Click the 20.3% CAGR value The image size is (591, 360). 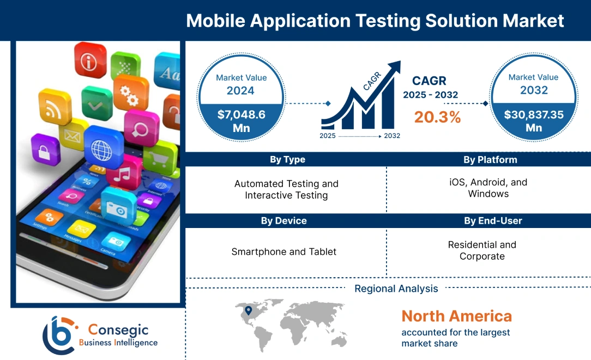coord(437,117)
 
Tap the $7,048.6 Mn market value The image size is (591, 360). coord(240,121)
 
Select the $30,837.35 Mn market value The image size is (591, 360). coord(533,121)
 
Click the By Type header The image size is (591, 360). coord(287,160)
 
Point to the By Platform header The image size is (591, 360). coord(490,160)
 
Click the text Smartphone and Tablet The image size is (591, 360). coord(284,251)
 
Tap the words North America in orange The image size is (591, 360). coord(456,316)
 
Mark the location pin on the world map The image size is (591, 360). coord(249,310)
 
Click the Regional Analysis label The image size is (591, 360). coord(396,289)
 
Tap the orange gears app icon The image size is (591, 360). coord(131,94)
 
